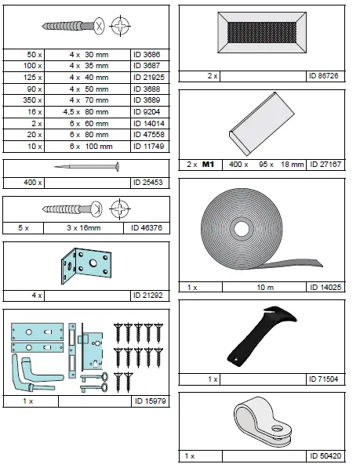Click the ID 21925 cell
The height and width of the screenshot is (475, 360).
[x=150, y=78]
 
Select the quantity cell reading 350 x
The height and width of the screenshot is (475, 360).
[x=24, y=100]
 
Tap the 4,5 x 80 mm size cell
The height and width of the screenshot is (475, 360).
[x=87, y=112]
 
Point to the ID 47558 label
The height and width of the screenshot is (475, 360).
[x=149, y=135]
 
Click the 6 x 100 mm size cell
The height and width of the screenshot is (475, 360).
[x=87, y=147]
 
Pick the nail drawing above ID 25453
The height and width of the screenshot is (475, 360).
[x=86, y=166]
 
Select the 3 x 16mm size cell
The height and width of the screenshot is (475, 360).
[x=84, y=228]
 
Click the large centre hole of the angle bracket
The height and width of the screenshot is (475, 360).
[x=93, y=263]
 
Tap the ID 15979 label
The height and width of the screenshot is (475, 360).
[x=151, y=401]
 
